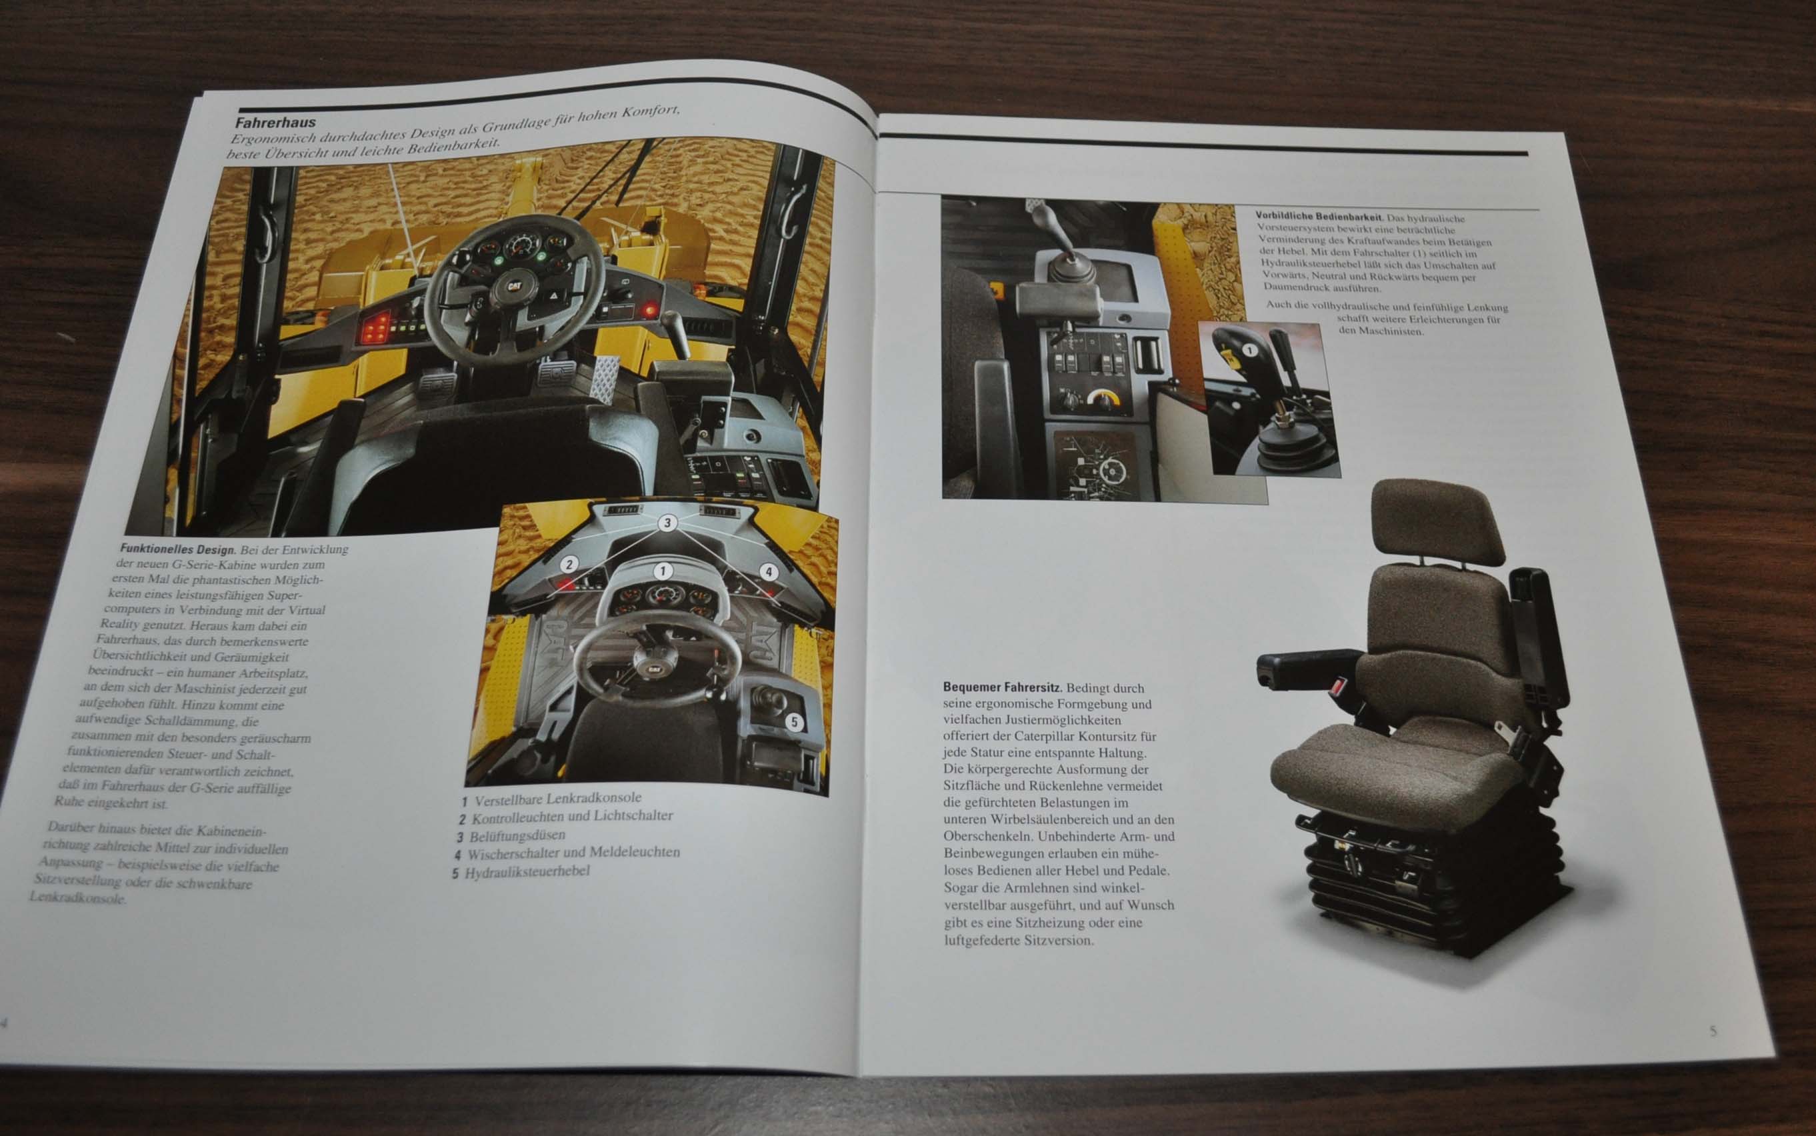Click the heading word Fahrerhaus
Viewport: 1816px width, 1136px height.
click(x=276, y=123)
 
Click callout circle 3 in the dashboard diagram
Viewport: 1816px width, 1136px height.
click(x=667, y=523)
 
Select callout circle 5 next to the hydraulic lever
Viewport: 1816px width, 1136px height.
click(x=795, y=723)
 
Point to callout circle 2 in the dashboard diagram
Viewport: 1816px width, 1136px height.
click(x=569, y=564)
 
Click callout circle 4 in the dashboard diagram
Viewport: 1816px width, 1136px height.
click(x=768, y=572)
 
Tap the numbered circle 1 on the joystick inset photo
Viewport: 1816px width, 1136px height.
click(x=1248, y=349)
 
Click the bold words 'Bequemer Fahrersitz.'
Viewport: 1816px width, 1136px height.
click(x=1001, y=687)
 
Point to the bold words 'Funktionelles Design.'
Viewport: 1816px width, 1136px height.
click(x=178, y=549)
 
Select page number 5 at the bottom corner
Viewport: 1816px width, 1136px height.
click(x=1713, y=1031)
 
